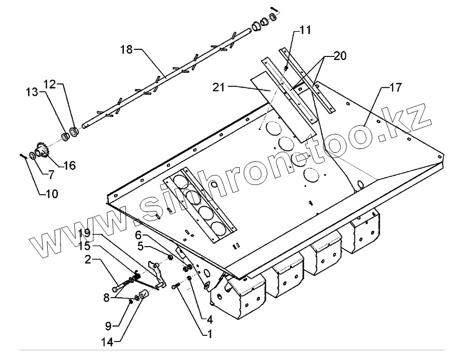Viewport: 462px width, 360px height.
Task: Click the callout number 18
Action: click(127, 49)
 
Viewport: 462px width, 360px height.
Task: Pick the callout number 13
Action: click(33, 92)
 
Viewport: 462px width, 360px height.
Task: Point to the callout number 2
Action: click(88, 259)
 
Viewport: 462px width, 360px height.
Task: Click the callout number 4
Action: click(210, 318)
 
